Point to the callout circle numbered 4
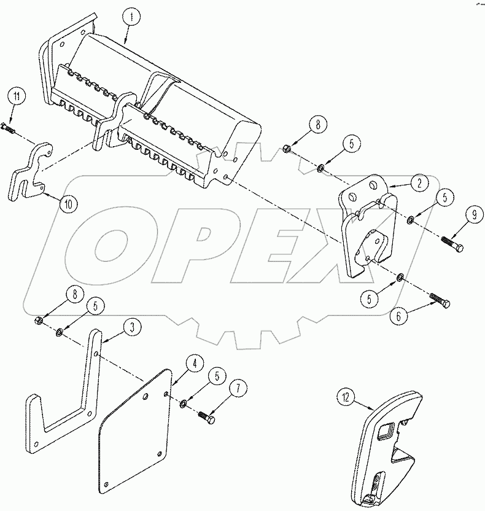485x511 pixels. tap(193, 364)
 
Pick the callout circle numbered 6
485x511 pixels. tap(400, 317)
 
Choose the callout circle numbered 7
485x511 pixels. tap(238, 389)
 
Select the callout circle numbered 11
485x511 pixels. tap(17, 97)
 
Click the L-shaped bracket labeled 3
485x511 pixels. tap(68, 399)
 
